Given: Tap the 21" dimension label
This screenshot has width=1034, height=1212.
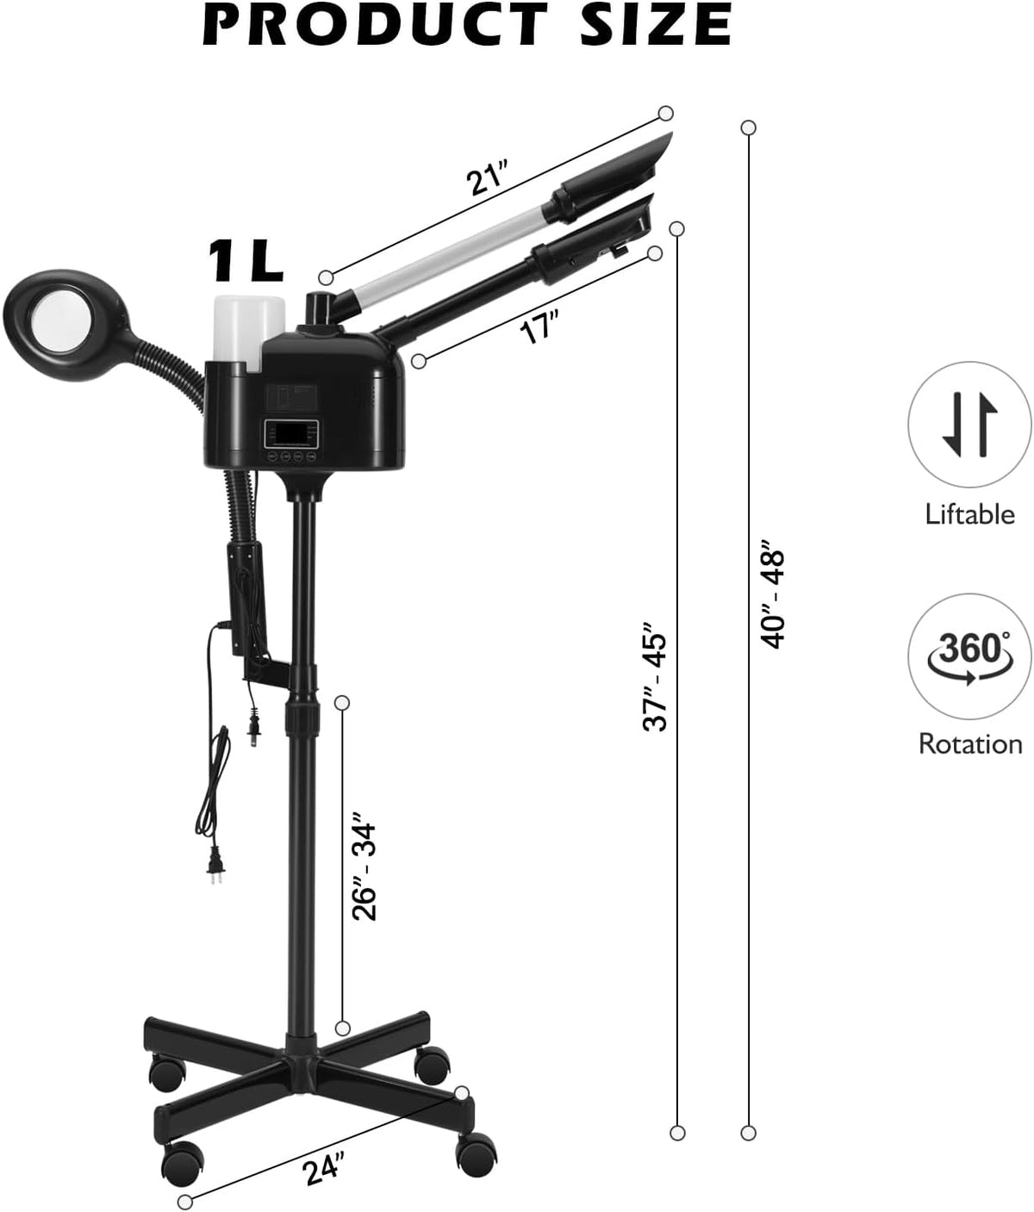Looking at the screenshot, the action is pyautogui.click(x=486, y=182).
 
